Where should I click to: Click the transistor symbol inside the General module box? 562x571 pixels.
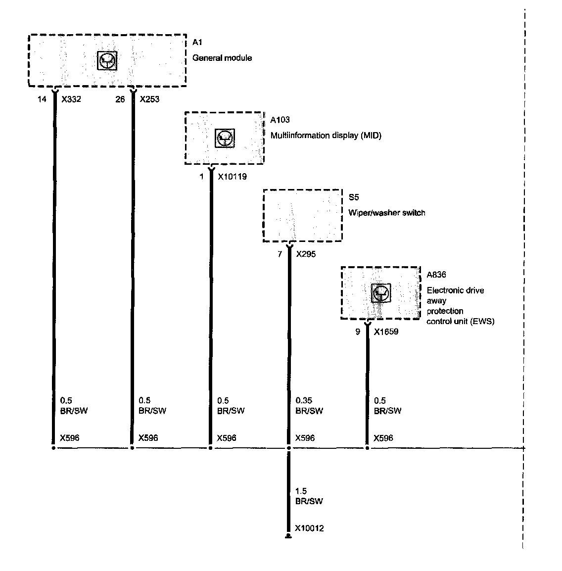click(x=107, y=60)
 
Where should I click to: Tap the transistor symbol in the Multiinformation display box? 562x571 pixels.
click(x=225, y=138)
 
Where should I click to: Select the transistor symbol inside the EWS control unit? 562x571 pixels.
click(x=381, y=293)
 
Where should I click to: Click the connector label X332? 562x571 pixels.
click(x=71, y=99)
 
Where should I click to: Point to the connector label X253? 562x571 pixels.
click(x=149, y=99)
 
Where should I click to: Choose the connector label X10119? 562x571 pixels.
click(x=232, y=177)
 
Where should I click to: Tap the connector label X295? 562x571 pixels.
click(x=306, y=254)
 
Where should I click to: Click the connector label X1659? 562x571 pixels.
click(x=386, y=332)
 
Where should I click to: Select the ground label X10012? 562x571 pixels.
click(x=309, y=528)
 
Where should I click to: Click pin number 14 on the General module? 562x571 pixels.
click(x=42, y=99)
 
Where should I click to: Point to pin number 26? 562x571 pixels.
click(x=120, y=99)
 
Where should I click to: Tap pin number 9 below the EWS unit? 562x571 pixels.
click(x=358, y=332)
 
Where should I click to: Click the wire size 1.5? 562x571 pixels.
click(x=301, y=491)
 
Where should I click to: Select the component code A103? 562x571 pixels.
click(x=280, y=120)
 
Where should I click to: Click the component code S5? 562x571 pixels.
click(x=353, y=197)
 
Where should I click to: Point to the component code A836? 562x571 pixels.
click(x=436, y=275)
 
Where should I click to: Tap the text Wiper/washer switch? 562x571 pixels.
click(x=386, y=213)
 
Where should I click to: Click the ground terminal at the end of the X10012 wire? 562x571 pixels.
click(x=288, y=536)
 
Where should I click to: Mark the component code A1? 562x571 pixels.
click(x=197, y=43)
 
